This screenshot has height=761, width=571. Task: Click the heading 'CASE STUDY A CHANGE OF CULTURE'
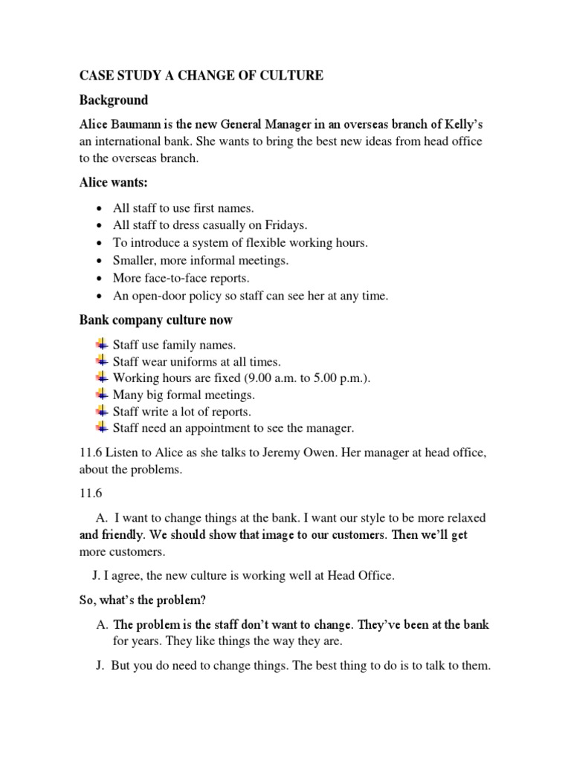click(201, 76)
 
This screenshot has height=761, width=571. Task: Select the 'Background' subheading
click(114, 100)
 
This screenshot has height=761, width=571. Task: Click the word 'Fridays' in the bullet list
click(286, 225)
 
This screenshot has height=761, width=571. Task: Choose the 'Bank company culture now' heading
click(156, 320)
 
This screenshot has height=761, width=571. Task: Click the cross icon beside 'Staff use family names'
click(102, 344)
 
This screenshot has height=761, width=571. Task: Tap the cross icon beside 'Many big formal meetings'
click(102, 394)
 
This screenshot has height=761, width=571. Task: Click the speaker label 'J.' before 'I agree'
click(97, 574)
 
